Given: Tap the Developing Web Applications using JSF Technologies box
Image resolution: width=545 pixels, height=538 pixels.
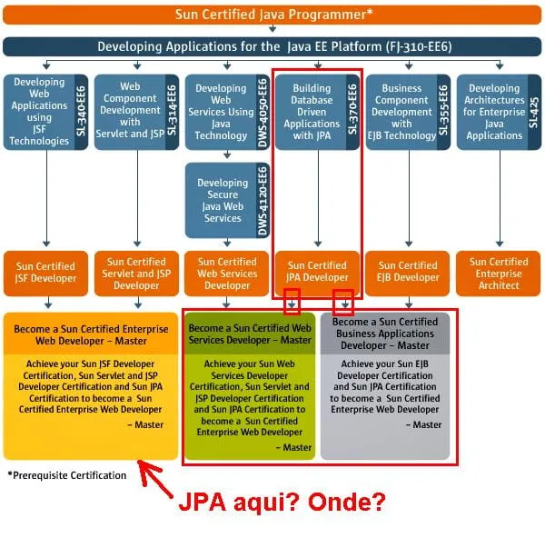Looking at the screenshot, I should (40, 112).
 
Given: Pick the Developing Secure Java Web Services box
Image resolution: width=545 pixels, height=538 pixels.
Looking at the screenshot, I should (223, 200).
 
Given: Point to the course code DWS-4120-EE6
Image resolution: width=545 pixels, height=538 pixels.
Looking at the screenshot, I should (263, 201).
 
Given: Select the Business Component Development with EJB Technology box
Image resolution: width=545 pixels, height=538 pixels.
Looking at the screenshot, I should (401, 112).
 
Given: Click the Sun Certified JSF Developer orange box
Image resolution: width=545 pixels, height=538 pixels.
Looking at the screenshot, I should (45, 272).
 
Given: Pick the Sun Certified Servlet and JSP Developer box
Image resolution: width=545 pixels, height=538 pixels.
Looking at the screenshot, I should (136, 273).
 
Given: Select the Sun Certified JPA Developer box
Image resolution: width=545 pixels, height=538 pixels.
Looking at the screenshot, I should (317, 272).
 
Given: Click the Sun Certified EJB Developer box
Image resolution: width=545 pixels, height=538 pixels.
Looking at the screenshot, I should (408, 272).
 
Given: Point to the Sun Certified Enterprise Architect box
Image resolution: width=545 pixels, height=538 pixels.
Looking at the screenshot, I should (499, 273).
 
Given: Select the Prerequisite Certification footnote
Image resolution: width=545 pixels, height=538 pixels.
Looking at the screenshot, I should (66, 475).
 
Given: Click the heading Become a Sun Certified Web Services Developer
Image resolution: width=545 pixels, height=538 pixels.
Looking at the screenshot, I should (250, 334).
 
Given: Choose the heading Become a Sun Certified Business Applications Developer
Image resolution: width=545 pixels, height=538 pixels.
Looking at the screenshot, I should (385, 334).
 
